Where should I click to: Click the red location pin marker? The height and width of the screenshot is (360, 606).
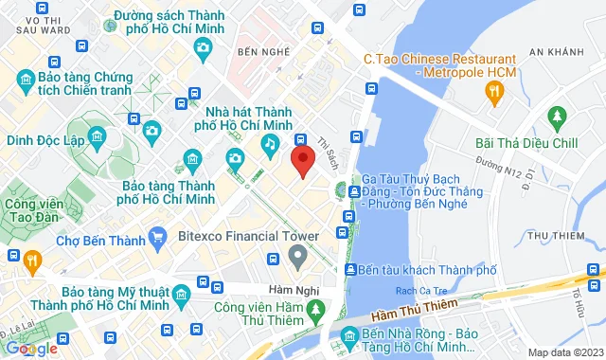pyautogui.click(x=302, y=160)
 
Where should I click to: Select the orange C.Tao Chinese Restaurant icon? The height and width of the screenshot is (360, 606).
pyautogui.click(x=492, y=91)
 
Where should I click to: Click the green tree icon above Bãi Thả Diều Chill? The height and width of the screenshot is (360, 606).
pyautogui.click(x=558, y=118)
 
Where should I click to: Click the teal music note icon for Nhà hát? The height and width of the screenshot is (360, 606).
pyautogui.click(x=270, y=143)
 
